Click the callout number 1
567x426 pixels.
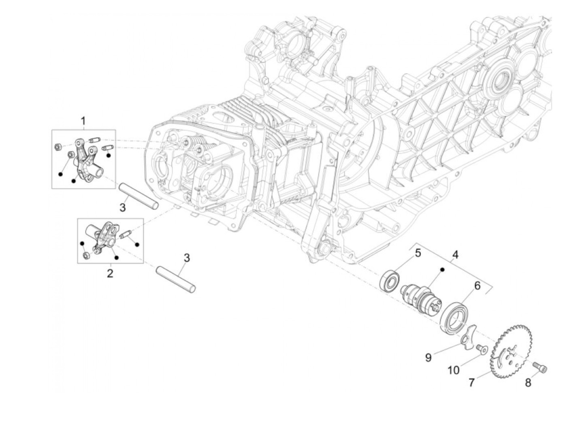click(83, 121)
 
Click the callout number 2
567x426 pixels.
click(110, 273)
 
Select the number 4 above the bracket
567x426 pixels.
click(456, 255)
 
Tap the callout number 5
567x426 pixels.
click(418, 253)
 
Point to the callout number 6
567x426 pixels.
click(477, 285)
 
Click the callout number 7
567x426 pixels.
click(471, 382)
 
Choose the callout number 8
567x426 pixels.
click(528, 382)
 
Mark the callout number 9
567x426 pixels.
click(428, 358)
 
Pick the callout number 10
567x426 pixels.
click(454, 370)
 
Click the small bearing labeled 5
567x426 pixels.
click(390, 281)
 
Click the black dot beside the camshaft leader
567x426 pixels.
click(443, 269)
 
